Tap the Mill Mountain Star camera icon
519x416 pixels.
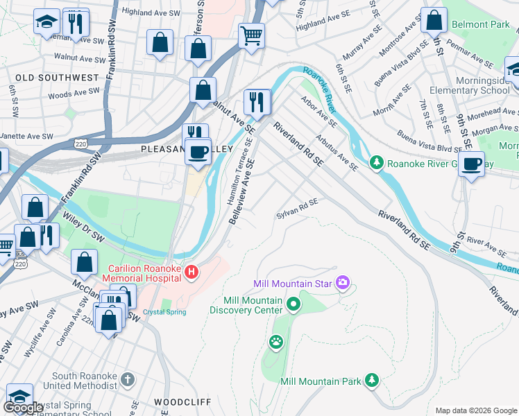342,283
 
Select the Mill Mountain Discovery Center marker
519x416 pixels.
293,304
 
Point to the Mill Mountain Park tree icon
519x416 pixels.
373,381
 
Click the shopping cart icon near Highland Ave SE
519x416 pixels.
251,35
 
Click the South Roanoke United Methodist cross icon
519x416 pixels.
126,379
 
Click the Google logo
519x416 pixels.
23,408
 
